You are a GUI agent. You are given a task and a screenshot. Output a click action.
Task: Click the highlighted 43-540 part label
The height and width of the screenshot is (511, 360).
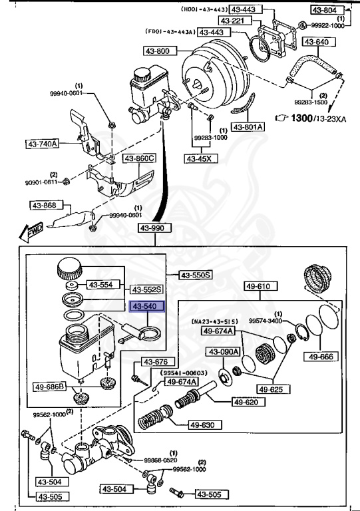144,307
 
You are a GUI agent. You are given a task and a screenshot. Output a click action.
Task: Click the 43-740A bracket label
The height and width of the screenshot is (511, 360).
43,143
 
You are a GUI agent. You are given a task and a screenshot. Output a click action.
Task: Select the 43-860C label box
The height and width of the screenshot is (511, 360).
138,158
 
